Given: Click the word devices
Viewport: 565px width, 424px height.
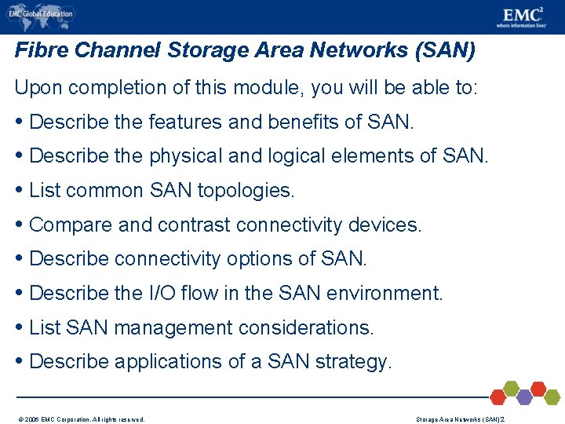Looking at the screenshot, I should (x=385, y=225).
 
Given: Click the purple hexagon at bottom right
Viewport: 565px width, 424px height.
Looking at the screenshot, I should (x=523, y=397).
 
